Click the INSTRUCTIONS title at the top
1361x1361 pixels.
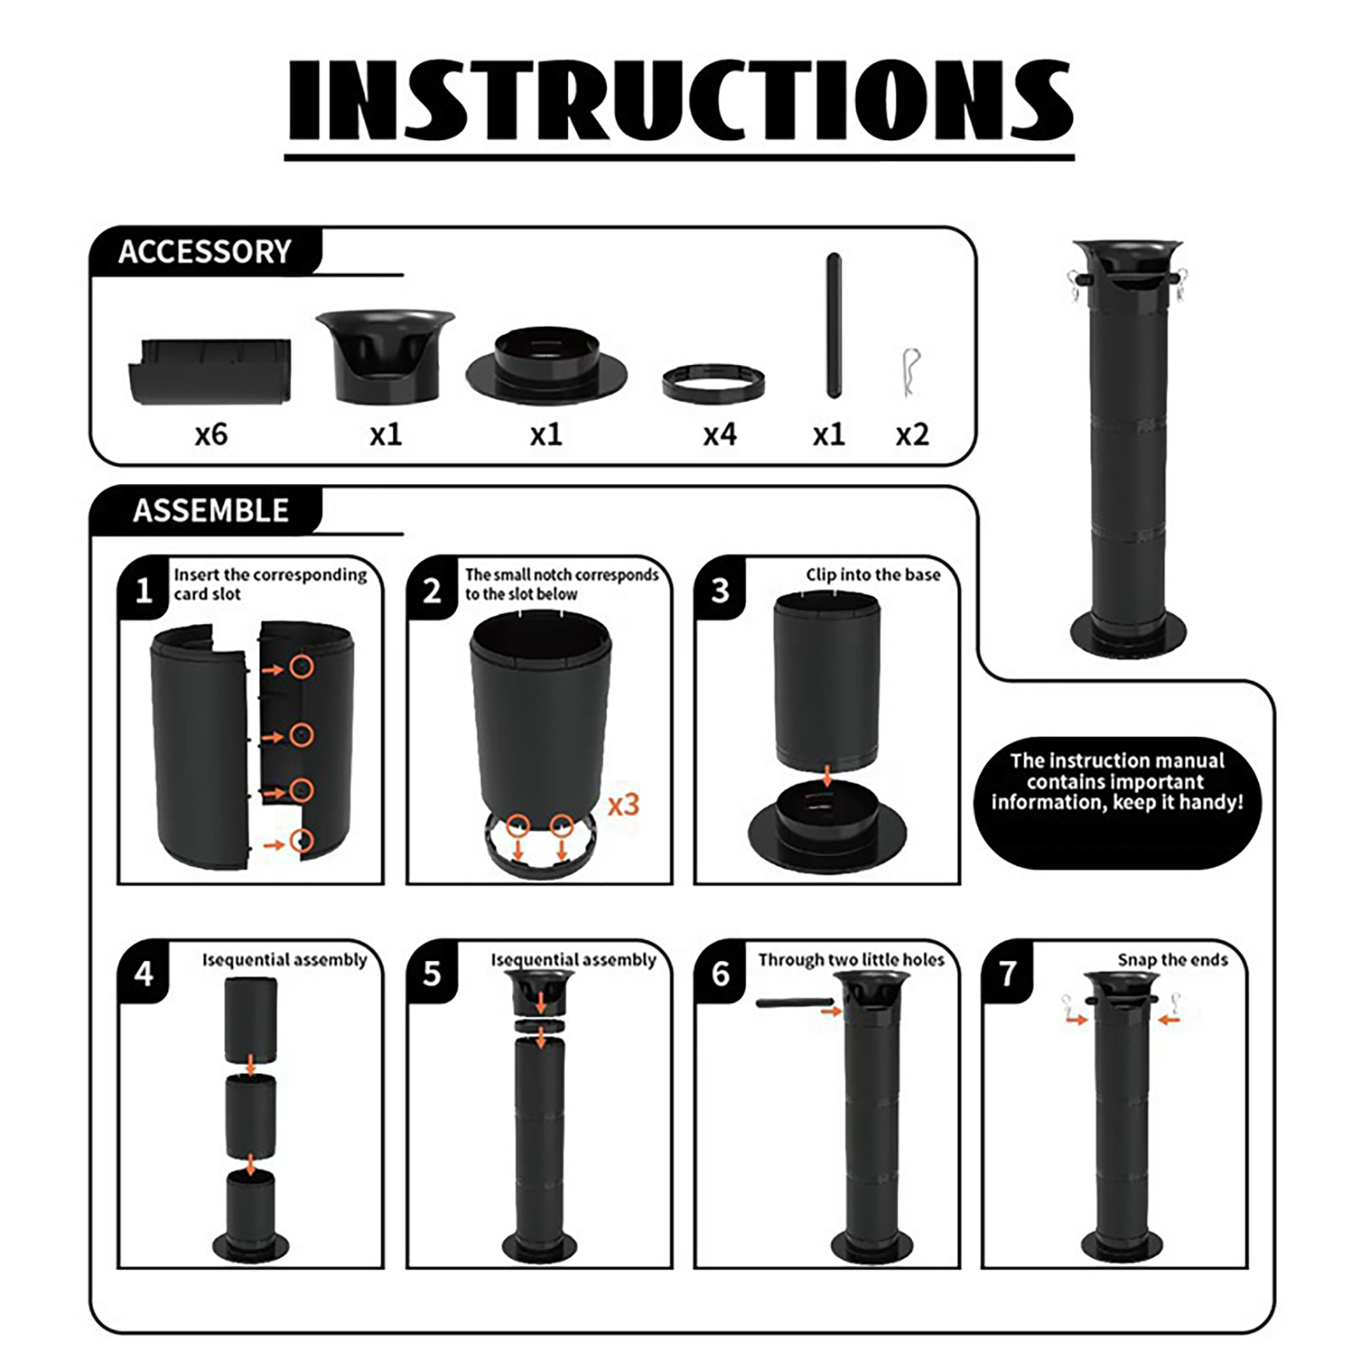click(680, 100)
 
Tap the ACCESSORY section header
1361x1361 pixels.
click(205, 252)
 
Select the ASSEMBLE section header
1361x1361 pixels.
click(211, 510)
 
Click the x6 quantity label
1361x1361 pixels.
click(211, 435)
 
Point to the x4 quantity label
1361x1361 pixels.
click(720, 435)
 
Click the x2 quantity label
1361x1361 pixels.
click(912, 435)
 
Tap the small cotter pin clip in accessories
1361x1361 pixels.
click(911, 372)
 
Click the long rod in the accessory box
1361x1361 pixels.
click(834, 325)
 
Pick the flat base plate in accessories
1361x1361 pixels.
click(546, 366)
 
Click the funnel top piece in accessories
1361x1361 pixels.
click(385, 356)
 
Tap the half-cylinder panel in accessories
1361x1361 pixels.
click(210, 371)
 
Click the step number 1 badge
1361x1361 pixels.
click(144, 589)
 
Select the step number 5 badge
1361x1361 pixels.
click(432, 973)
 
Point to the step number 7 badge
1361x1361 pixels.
click(1008, 973)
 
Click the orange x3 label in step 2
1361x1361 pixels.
click(623, 804)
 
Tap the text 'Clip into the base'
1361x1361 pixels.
click(873, 575)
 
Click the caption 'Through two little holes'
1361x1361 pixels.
click(851, 960)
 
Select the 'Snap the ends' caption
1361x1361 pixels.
click(1172, 960)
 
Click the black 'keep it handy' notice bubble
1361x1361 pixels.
click(1117, 803)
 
